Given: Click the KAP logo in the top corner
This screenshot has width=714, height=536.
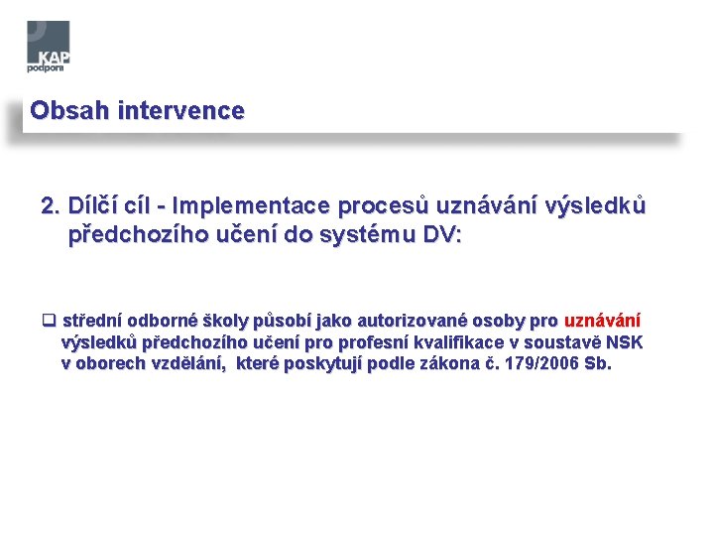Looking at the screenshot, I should point(49,47).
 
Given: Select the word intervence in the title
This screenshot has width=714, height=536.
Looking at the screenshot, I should point(180,111).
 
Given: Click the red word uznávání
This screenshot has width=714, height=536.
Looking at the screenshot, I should point(601,321).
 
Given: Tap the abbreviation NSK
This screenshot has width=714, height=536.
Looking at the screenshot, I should point(625,342).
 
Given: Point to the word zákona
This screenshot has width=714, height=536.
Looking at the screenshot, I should point(448,364).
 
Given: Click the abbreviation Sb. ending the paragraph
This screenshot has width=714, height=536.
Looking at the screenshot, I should point(599,364).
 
